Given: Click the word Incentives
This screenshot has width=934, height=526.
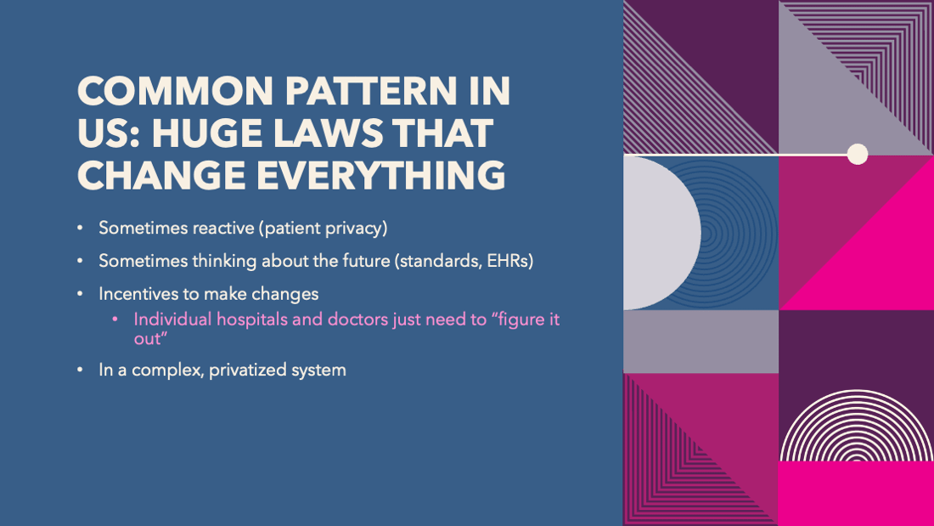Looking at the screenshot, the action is (136, 294).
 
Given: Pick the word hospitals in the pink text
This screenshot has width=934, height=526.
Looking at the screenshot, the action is (251, 320).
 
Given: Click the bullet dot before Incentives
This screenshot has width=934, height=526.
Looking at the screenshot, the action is (81, 294).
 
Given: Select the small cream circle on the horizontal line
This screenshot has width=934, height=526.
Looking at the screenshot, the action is (858, 154).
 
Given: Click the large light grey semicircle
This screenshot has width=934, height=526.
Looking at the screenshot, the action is (661, 233).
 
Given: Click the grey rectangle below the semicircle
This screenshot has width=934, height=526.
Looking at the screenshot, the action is (701, 342).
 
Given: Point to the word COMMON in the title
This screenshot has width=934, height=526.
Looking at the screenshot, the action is (175, 91).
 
